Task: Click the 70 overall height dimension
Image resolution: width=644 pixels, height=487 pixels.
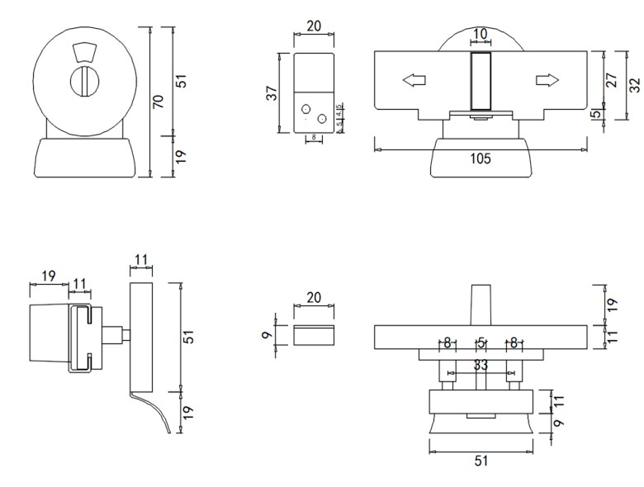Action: (159, 101)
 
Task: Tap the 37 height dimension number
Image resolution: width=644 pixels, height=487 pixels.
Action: (272, 93)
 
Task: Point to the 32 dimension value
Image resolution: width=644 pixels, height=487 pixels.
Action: (634, 86)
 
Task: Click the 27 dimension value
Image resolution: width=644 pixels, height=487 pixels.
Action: (613, 80)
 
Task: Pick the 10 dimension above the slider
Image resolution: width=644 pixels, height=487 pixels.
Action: (480, 34)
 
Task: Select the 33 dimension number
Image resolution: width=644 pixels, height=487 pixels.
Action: (481, 364)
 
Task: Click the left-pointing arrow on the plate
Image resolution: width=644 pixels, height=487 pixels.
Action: (413, 80)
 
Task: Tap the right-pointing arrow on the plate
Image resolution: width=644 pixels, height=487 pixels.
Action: (547, 80)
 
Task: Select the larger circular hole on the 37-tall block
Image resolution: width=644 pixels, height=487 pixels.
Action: (322, 120)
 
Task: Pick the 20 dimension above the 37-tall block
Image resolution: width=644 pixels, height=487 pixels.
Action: (314, 26)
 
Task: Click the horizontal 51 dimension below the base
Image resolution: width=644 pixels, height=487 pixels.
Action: (481, 461)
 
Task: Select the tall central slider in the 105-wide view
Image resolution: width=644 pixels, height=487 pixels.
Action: (480, 80)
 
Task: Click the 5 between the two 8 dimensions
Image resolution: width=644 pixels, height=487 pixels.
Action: (480, 343)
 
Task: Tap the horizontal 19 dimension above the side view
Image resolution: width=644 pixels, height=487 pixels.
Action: (48, 276)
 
